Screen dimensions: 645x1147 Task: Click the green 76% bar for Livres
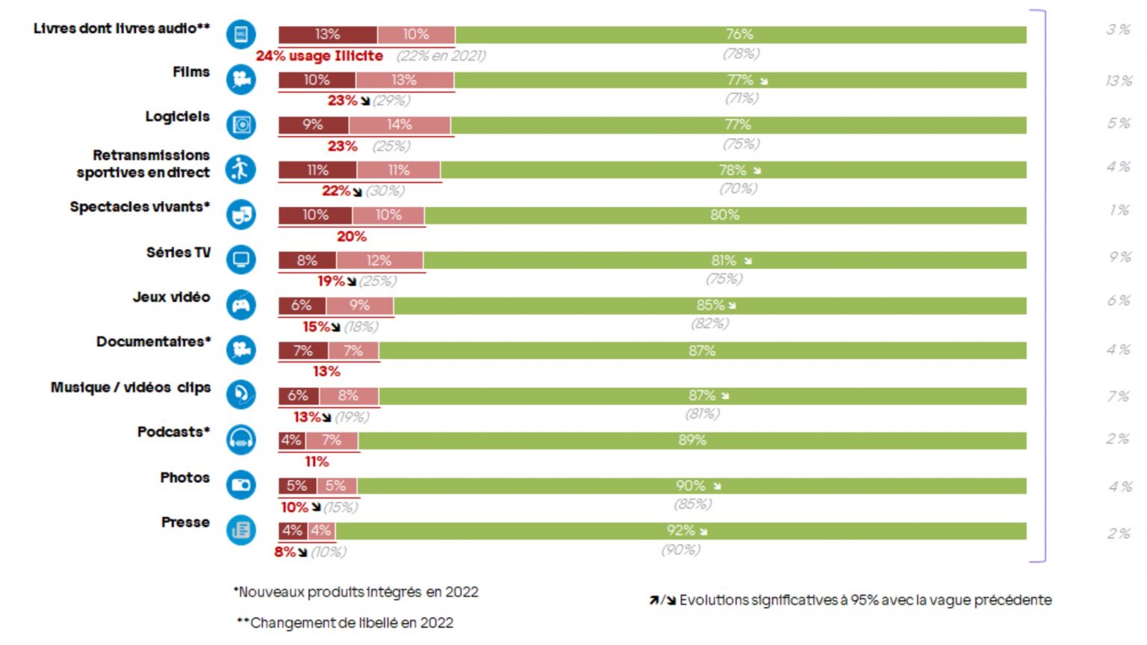[739, 34]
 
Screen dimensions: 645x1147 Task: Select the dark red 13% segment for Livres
[327, 34]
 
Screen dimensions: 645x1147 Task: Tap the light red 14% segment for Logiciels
[400, 125]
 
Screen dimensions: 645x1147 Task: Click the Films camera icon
[240, 79]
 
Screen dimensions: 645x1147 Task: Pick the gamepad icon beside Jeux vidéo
[240, 305]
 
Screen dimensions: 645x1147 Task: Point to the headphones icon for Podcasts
[240, 439]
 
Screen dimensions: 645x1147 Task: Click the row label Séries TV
[178, 253]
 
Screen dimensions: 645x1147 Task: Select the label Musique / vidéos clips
[131, 387]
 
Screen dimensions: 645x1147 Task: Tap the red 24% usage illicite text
[320, 56]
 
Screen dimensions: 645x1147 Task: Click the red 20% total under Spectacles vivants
[351, 237]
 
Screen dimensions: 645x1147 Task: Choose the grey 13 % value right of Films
[1119, 81]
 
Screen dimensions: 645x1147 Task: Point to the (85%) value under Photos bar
[692, 504]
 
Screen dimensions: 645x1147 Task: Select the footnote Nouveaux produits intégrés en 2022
[356, 592]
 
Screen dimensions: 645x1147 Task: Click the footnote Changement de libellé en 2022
[346, 623]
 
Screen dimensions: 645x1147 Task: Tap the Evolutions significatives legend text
[864, 600]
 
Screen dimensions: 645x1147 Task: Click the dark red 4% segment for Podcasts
[291, 440]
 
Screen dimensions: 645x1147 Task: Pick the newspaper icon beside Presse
[240, 530]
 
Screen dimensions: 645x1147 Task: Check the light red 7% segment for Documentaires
[353, 351]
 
